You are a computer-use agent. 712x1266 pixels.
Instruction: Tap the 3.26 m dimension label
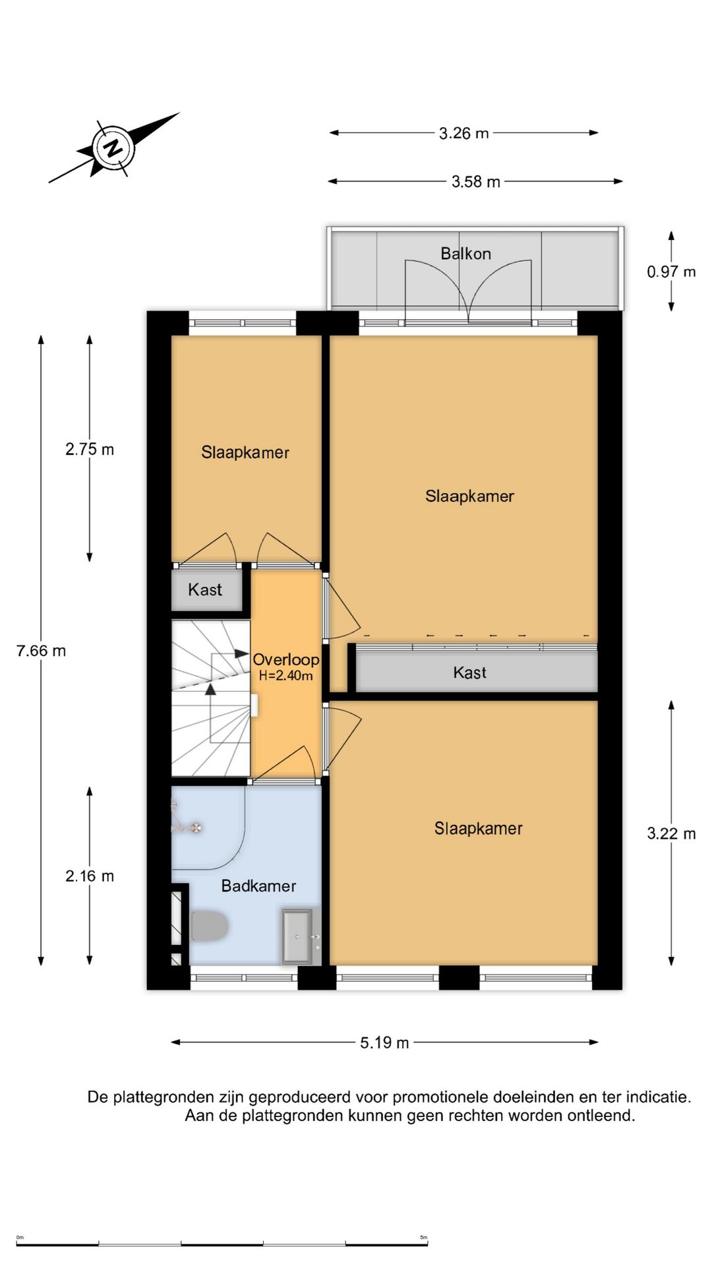point(463,133)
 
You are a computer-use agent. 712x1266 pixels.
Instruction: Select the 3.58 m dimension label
point(475,181)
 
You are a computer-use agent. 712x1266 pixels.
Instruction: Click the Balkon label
point(465,254)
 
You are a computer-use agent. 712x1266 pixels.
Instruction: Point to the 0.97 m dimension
point(671,272)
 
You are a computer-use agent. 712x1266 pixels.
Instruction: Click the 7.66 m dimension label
point(41,651)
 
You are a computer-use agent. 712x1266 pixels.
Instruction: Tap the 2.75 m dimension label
point(90,450)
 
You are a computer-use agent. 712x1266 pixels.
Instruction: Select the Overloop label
point(285,659)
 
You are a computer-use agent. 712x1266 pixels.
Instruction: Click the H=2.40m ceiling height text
point(285,676)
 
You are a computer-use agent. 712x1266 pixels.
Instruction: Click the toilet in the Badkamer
point(208,926)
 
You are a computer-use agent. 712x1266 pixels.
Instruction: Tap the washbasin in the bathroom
point(298,936)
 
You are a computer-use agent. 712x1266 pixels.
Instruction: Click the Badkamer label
point(258,886)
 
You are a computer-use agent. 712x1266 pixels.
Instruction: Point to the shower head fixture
point(194,828)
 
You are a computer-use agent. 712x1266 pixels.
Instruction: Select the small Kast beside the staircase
point(205,590)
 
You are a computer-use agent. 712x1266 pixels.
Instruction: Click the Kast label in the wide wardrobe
point(469,673)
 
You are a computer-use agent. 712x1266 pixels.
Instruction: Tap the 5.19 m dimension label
point(384,1042)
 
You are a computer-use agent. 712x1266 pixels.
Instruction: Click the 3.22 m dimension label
point(671,833)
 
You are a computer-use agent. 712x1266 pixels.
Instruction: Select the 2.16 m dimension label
point(90,876)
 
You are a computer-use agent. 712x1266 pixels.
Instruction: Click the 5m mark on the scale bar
point(424,1237)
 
